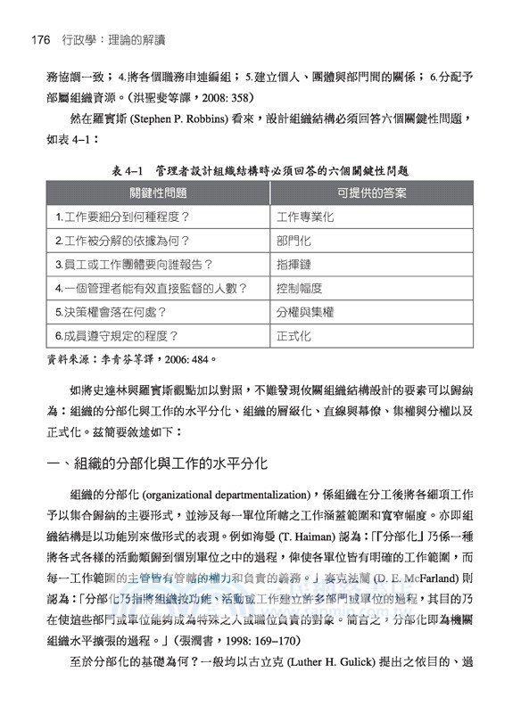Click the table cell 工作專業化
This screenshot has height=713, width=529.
point(306,217)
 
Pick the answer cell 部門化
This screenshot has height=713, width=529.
point(293,241)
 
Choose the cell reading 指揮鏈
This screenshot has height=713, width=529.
point(293,265)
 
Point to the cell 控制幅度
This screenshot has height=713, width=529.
point(300,289)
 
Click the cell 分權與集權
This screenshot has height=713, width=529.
point(306,313)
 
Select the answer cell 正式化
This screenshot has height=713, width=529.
point(293,337)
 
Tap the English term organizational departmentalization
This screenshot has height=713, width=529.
point(227,496)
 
